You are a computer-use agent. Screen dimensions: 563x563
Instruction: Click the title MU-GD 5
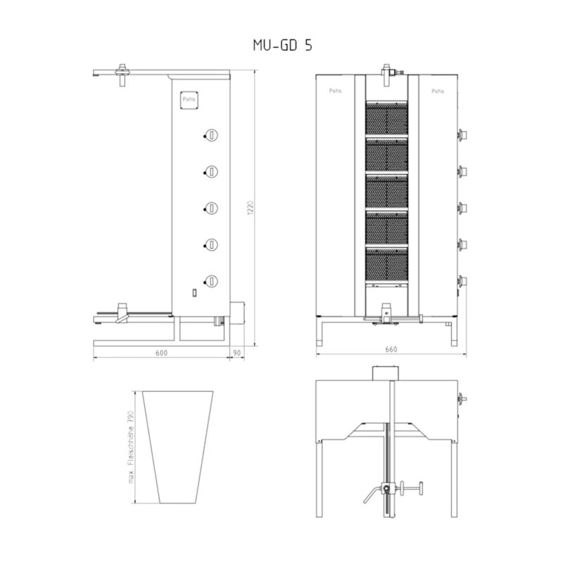click(x=283, y=45)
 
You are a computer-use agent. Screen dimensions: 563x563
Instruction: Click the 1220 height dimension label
click(x=251, y=208)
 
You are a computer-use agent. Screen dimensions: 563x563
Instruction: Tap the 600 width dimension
click(x=162, y=353)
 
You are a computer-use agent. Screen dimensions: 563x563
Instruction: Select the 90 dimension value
click(x=237, y=353)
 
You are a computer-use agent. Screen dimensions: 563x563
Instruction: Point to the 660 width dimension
click(x=391, y=349)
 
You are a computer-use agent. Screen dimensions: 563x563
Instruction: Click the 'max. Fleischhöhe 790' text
click(x=131, y=447)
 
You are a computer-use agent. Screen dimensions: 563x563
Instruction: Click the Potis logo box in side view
click(x=189, y=99)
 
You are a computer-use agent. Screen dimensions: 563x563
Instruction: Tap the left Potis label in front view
click(x=336, y=91)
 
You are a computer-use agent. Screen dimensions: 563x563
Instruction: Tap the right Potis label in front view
click(x=438, y=91)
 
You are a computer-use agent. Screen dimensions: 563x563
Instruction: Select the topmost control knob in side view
click(x=212, y=135)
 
